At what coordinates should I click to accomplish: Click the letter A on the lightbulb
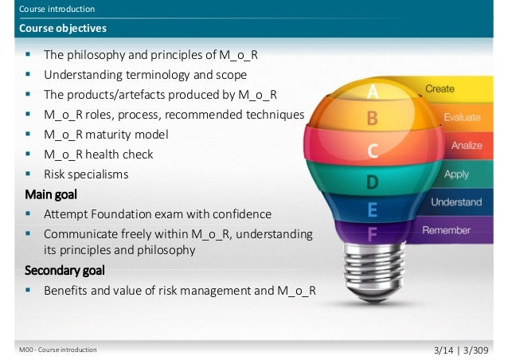point(372,94)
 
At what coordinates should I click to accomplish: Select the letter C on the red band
point(372,151)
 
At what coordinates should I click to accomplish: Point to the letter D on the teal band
point(372,182)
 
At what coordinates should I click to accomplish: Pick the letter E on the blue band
point(372,210)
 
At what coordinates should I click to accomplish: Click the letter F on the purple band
point(372,234)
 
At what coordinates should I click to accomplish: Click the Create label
point(440,89)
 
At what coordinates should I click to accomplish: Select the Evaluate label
point(462,117)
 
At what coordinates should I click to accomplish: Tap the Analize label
point(466,146)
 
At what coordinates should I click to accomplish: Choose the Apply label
point(456,174)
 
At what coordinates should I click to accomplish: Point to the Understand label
point(456,202)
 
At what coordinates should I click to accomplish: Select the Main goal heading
point(52,194)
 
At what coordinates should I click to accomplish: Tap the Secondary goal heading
point(64,270)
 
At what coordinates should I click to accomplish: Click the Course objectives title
point(64,29)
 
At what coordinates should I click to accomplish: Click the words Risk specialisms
point(86,173)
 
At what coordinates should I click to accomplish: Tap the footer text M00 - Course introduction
point(58,350)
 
